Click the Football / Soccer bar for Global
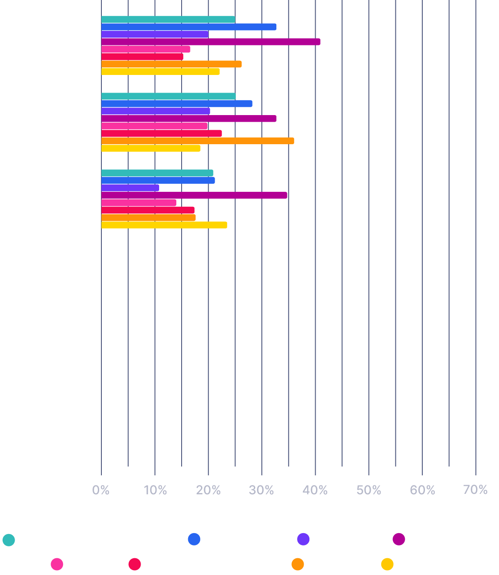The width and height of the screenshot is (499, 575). pos(211,42)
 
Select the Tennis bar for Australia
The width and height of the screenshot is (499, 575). pos(197,141)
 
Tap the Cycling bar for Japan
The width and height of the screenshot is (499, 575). pos(130,188)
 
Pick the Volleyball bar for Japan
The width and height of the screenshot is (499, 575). pos(164,225)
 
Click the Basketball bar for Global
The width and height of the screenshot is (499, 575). pos(189,27)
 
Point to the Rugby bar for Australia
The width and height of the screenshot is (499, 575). pos(161,133)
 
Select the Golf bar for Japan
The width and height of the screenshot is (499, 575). pos(138,203)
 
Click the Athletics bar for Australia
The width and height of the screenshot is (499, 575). pos(168,96)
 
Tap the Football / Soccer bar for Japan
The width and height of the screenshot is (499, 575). pos(194,195)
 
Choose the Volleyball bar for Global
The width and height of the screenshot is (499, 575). pos(160,71)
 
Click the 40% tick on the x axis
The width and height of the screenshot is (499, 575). pos(315,490)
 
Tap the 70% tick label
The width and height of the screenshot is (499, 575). pos(476,490)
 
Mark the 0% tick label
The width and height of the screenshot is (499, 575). pos(101,490)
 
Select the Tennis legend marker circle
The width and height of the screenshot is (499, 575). pos(298,564)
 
